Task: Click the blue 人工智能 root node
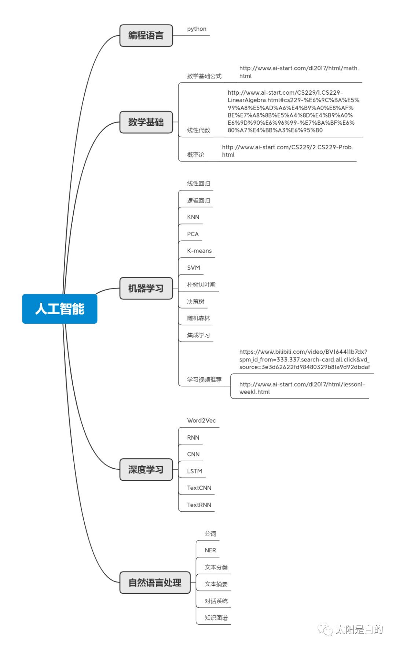[x=60, y=309]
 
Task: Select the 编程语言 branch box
[x=146, y=36]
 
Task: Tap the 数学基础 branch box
[x=146, y=122]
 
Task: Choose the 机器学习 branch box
[x=146, y=288]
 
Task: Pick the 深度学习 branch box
[x=146, y=469]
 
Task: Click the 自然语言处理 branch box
[x=155, y=582]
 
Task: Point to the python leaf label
[x=197, y=29]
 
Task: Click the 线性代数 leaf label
[x=198, y=130]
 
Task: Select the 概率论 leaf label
[x=195, y=155]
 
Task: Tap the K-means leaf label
[x=199, y=251]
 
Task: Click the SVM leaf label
[x=194, y=268]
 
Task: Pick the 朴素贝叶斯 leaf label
[x=201, y=285]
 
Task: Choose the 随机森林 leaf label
[x=198, y=319]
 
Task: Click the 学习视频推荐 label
[x=204, y=379]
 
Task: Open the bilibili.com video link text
[x=304, y=360]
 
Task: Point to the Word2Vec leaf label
[x=201, y=421]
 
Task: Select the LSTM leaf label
[x=194, y=471]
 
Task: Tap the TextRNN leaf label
[x=199, y=505]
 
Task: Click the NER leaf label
[x=210, y=550]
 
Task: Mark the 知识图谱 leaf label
[x=216, y=618]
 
